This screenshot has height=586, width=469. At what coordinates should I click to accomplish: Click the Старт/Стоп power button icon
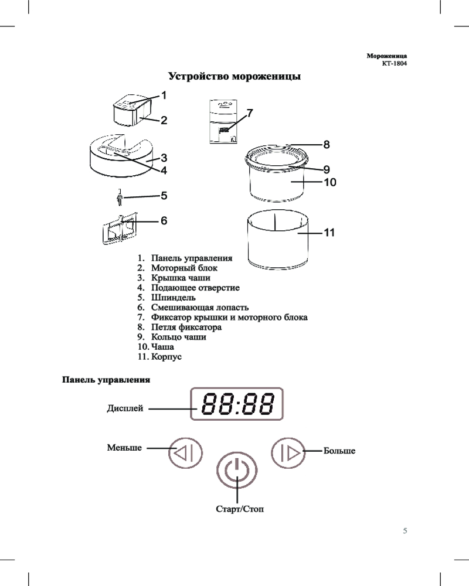237,471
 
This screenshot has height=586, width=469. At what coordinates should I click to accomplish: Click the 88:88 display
237,404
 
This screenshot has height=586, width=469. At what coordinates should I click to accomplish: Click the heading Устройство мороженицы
235,76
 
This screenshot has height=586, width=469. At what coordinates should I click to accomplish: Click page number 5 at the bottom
405,531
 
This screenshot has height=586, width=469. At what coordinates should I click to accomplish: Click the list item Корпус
166,356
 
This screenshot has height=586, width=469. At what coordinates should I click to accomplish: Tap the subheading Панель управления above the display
106,380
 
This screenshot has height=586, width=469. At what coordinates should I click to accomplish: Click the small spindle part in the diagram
119,197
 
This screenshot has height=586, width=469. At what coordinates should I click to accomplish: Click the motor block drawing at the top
132,111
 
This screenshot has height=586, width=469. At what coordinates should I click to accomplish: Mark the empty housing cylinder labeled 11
277,240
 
